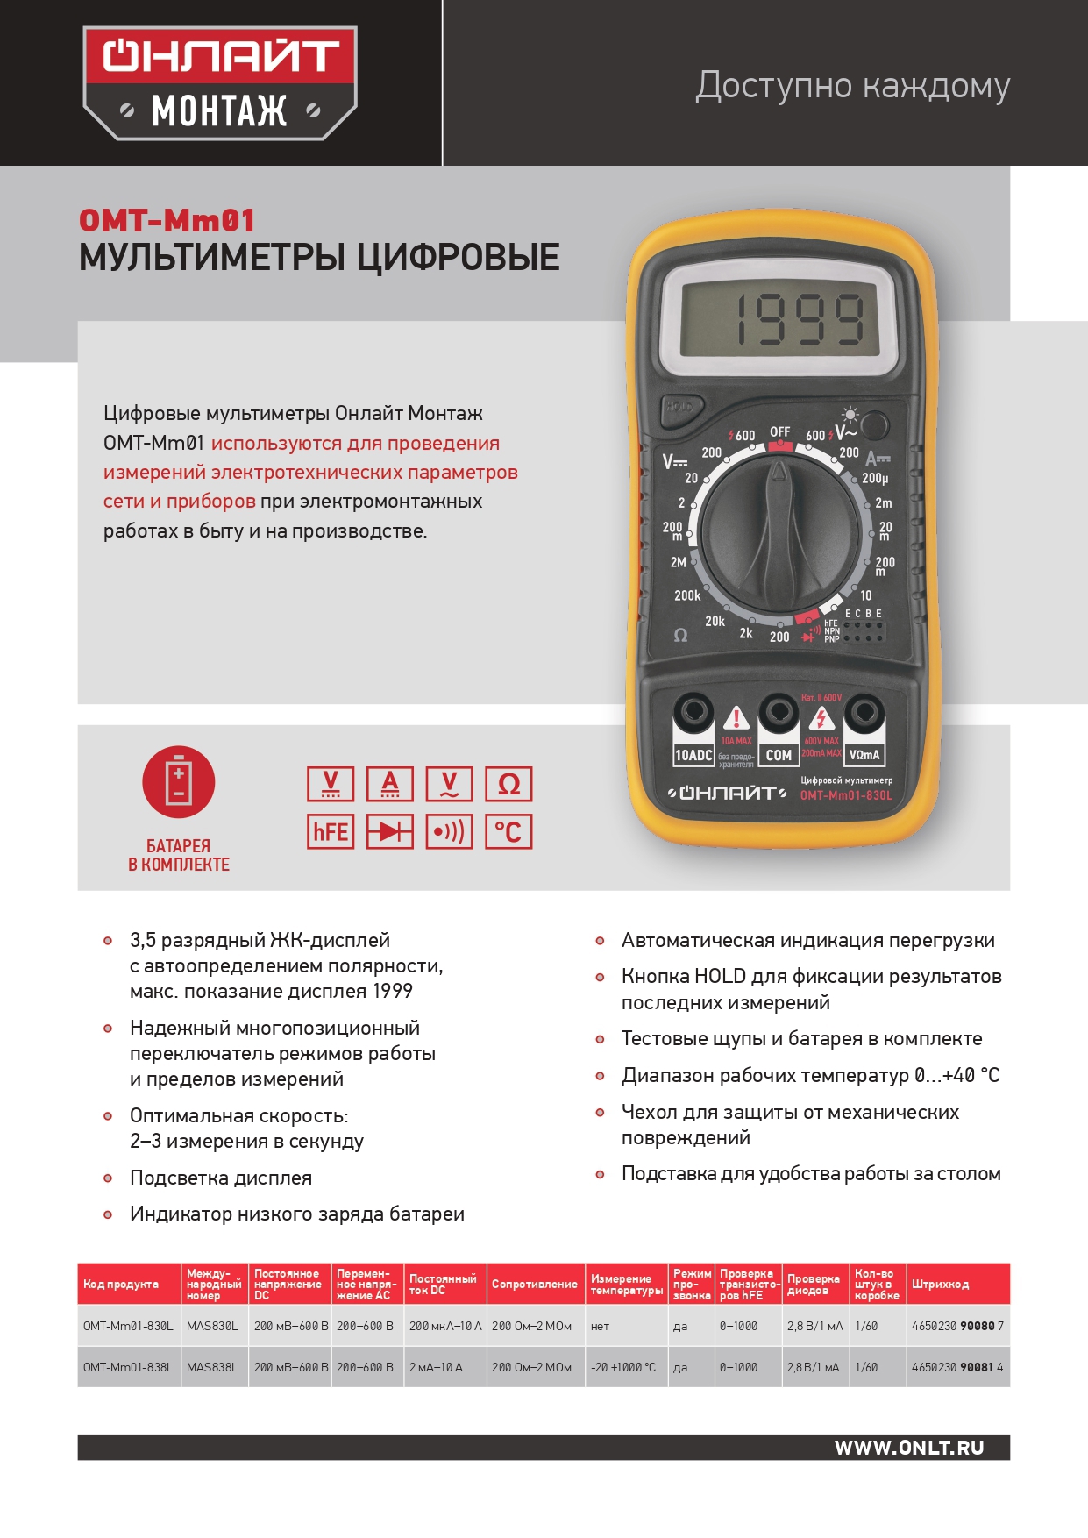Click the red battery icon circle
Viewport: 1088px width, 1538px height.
pos(178,782)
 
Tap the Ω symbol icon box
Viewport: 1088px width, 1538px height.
pos(508,784)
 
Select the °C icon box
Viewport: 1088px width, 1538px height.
pos(508,831)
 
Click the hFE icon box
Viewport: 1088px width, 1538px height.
pos(331,831)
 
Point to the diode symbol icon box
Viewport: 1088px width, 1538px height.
pos(390,831)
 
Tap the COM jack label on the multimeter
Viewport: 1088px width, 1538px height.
pos(779,755)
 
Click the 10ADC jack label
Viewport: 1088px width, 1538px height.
pos(693,755)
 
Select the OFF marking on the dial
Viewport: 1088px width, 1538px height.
pos(779,431)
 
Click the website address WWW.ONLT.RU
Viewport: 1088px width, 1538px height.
pos(909,1448)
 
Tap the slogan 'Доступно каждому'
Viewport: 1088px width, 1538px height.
pos(852,86)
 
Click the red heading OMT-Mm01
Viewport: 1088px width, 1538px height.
pos(167,220)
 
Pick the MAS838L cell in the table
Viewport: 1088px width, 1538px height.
pos(212,1367)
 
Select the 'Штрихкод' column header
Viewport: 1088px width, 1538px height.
pos(940,1285)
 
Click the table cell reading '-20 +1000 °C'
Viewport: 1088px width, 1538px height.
pos(623,1367)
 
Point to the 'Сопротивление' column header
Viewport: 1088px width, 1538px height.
pos(534,1285)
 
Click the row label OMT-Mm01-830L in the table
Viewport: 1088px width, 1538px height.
pos(128,1326)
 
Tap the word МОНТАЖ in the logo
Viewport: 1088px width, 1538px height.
pos(219,111)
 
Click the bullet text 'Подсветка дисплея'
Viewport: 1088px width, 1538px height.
pos(221,1178)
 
